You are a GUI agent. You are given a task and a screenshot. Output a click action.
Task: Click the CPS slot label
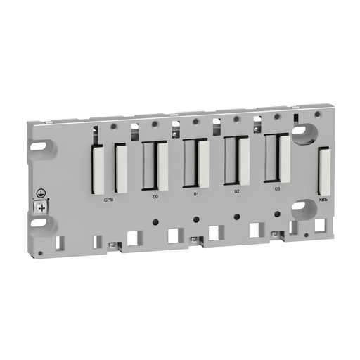point(108,199)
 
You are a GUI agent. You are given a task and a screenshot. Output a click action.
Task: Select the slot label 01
point(196,193)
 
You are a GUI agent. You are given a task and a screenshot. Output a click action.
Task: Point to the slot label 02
point(237,191)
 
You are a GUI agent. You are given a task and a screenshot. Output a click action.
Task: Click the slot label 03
point(277,188)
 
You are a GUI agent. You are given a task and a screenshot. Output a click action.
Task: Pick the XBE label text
point(323,200)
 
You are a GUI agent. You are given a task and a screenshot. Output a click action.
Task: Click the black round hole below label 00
point(155,222)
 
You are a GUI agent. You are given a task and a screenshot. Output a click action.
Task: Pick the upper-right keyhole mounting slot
point(304,132)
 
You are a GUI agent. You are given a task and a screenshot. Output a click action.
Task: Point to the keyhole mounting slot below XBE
point(304,209)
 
